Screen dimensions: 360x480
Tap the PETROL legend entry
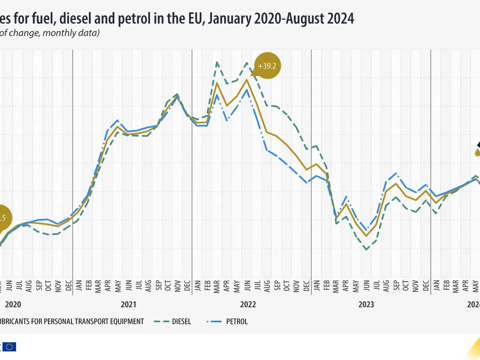[237, 321]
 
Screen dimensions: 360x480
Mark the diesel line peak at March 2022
[217, 62]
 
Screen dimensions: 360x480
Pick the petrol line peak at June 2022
[247, 89]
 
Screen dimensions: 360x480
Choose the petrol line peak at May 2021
[117, 120]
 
